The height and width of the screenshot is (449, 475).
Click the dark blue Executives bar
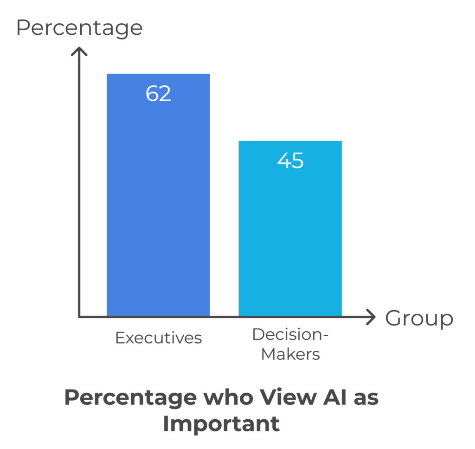point(158,209)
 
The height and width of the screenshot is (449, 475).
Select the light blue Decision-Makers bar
point(290,241)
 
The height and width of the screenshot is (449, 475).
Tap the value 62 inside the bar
point(158,93)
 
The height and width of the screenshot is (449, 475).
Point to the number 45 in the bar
point(290,161)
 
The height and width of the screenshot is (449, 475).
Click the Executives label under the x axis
point(158,338)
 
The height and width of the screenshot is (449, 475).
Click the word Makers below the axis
point(290,354)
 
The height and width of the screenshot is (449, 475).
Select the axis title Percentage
point(79,28)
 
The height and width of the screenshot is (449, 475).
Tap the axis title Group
point(419,319)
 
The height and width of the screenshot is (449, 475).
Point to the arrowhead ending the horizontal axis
point(372,317)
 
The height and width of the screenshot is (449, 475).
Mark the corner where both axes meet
point(80,317)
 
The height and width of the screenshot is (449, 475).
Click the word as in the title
point(364,398)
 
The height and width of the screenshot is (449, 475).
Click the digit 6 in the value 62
point(152,93)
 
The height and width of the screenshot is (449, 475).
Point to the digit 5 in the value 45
point(297,161)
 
